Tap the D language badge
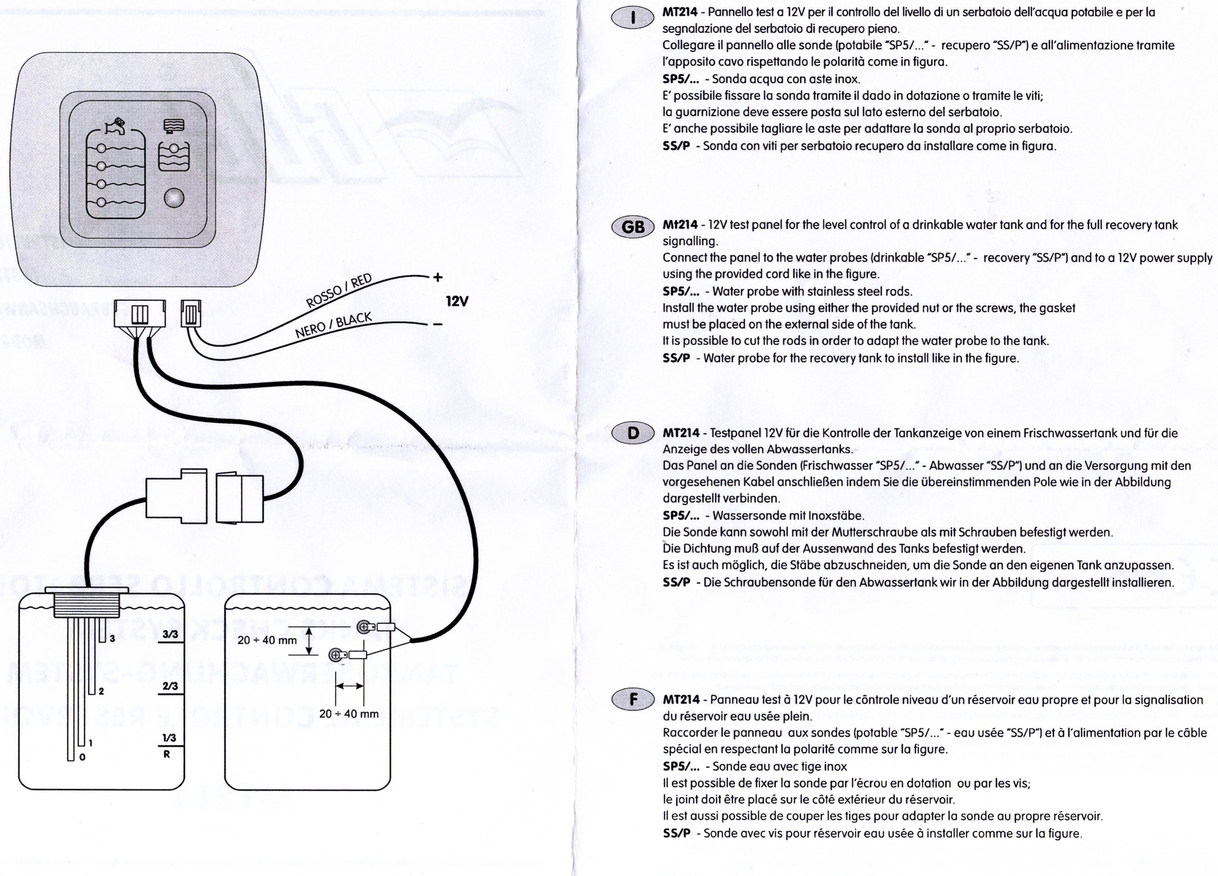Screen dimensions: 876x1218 coord(633,433)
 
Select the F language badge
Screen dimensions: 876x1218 coord(633,699)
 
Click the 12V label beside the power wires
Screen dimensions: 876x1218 coord(457,301)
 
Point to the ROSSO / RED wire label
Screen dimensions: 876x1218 coord(339,290)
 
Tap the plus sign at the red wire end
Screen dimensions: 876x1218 coord(438,278)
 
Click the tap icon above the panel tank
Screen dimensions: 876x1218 coord(116,126)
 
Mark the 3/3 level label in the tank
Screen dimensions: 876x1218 coord(170,634)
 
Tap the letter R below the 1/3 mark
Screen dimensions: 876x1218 coord(166,754)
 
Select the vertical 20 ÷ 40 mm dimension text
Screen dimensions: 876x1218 coord(267,641)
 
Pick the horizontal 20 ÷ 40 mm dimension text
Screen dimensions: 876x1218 coord(348,714)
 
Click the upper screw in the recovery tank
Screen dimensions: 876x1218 coord(364,627)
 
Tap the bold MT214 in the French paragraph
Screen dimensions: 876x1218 coord(681,699)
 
